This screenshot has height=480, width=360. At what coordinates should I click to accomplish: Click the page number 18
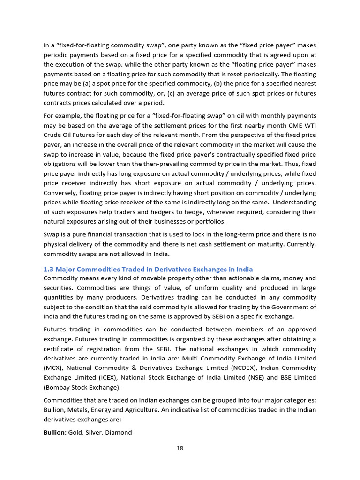pyautogui.click(x=180, y=448)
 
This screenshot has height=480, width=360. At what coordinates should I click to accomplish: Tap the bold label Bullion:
pyautogui.click(x=55, y=433)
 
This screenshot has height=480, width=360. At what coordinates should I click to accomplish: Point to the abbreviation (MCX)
pyautogui.click(x=52, y=368)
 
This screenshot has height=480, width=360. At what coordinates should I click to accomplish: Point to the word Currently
pyautogui.click(x=300, y=245)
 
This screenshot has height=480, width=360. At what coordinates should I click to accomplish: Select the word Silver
pyautogui.click(x=95, y=433)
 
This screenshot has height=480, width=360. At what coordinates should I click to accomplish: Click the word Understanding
pyautogui.click(x=294, y=202)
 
